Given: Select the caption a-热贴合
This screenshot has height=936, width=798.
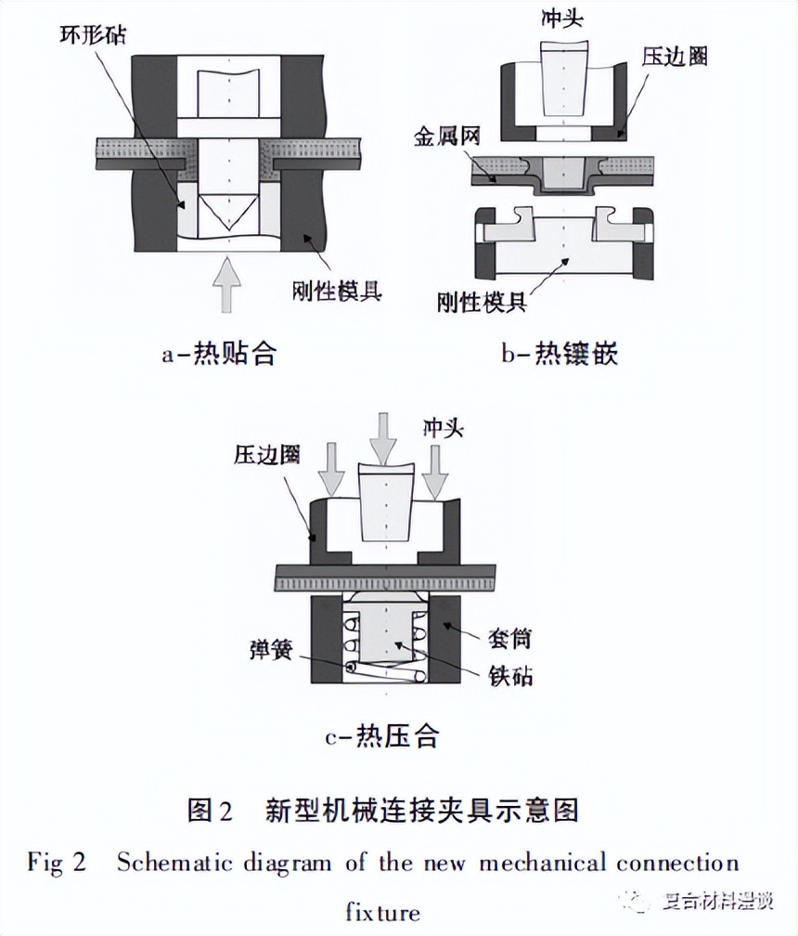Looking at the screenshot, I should pos(218,354).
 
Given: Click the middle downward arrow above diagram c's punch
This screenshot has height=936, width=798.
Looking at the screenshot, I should pos(381,435).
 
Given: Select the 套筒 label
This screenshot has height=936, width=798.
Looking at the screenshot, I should pos(510,638).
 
